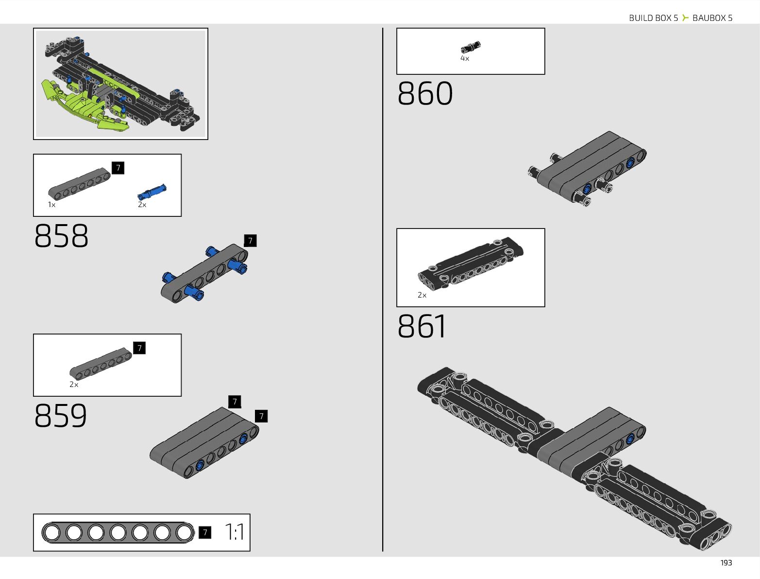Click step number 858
pos(61,236)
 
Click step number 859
pos(61,416)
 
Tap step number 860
pos(425,93)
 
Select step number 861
pos(422,326)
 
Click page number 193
pos(726,563)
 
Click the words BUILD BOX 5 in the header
pos(653,18)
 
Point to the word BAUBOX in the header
pos(709,18)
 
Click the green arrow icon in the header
pos(685,18)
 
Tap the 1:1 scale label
pos(235,532)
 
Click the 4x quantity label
pos(465,59)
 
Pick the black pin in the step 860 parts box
pos(471,47)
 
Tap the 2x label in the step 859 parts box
pos(74,385)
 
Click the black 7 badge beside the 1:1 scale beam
pos(205,533)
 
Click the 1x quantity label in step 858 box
pos(51,205)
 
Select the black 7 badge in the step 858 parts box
pos(118,168)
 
